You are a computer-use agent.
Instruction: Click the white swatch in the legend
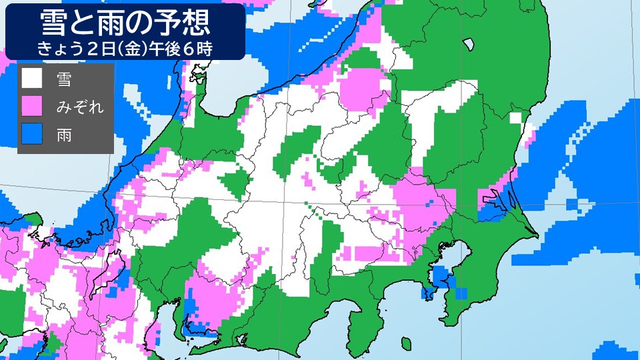[x=32, y=79]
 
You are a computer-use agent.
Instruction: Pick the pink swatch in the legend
[x=32, y=105]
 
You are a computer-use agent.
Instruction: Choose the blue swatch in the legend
[x=32, y=133]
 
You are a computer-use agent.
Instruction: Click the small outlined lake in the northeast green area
[x=469, y=45]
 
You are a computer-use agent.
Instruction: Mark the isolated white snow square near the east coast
[x=516, y=118]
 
